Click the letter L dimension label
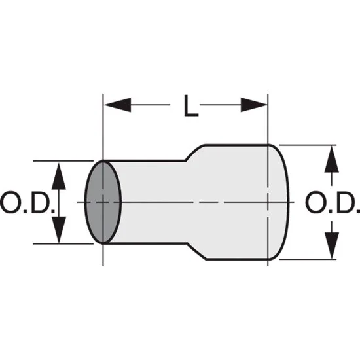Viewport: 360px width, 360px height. click(191, 105)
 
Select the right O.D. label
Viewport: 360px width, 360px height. click(333, 202)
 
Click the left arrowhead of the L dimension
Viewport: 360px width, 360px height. click(118, 105)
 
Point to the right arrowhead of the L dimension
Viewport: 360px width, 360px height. click(254, 105)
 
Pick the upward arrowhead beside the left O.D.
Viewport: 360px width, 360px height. click(59, 176)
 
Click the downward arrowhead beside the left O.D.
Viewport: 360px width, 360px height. click(59, 230)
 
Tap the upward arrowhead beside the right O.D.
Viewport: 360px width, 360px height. click(332, 159)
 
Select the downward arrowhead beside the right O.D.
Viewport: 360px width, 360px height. click(332, 245)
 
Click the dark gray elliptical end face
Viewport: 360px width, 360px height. click(103, 202)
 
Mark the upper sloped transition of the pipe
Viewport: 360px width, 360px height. click(195, 153)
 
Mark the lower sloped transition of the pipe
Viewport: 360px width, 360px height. click(197, 251)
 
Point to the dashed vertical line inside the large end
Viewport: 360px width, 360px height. click(268, 202)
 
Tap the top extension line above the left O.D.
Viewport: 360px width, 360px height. click(63, 161)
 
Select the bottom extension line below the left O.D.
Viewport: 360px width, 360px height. click(63, 244)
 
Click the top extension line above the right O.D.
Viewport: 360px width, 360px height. click(308, 145)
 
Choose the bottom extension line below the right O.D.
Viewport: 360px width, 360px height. click(308, 259)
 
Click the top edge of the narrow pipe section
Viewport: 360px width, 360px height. click(144, 161)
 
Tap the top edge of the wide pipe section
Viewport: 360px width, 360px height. click(236, 145)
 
